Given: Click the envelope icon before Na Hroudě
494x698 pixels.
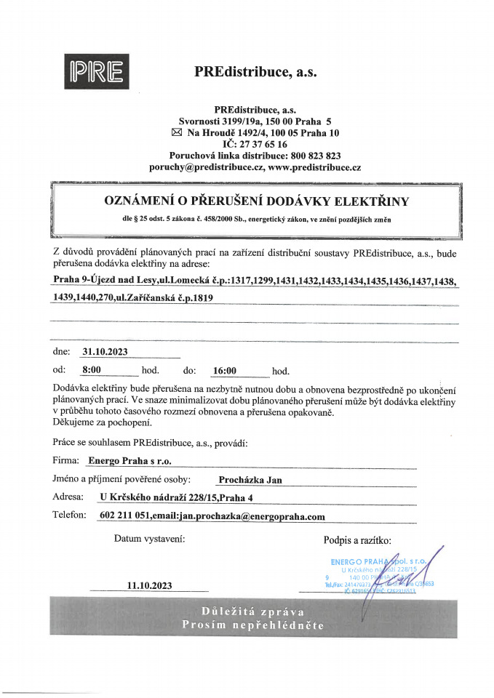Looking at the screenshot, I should pyautogui.click(x=175, y=132).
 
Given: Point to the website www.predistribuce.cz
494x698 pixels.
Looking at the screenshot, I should pyautogui.click(x=314, y=167).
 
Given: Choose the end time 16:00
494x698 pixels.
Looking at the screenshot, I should pyautogui.click(x=224, y=371).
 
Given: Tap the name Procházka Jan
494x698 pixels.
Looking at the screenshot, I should pyautogui.click(x=250, y=480).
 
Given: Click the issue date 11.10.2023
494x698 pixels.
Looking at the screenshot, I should pyautogui.click(x=149, y=585).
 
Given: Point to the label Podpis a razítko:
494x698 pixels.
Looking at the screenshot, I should pyautogui.click(x=357, y=539).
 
